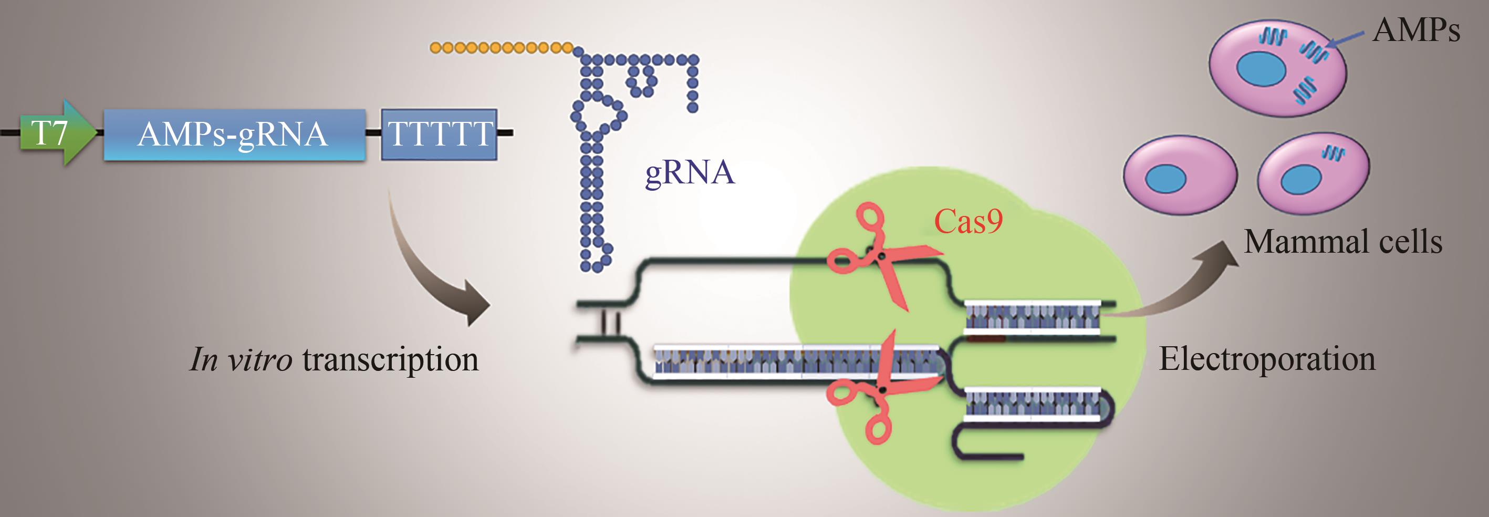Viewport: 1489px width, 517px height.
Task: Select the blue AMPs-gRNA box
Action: click(x=234, y=134)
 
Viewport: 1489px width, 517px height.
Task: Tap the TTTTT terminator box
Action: click(x=439, y=134)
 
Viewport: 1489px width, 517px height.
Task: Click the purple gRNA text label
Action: click(x=690, y=172)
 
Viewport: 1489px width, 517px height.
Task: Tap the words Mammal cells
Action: click(x=1342, y=242)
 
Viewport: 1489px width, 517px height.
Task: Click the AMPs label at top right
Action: click(x=1416, y=30)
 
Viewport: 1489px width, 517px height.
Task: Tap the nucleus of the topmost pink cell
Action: click(x=1261, y=69)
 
